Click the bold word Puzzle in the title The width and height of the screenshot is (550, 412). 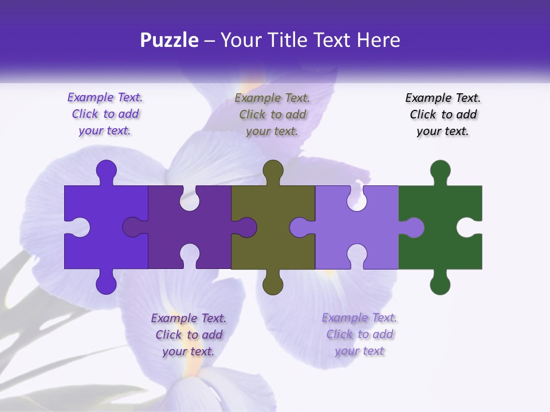point(170,40)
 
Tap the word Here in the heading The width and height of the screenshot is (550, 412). point(378,40)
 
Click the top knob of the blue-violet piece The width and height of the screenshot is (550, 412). point(106,170)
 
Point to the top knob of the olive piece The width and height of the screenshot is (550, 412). point(273,170)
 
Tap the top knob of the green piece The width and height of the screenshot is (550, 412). point(440,170)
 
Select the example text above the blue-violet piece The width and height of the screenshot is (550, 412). point(105,114)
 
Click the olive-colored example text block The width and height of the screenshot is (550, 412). point(272,114)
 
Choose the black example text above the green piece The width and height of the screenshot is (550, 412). point(443,114)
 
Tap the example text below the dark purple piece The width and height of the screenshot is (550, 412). point(188,335)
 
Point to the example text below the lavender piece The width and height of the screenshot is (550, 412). point(359,334)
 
